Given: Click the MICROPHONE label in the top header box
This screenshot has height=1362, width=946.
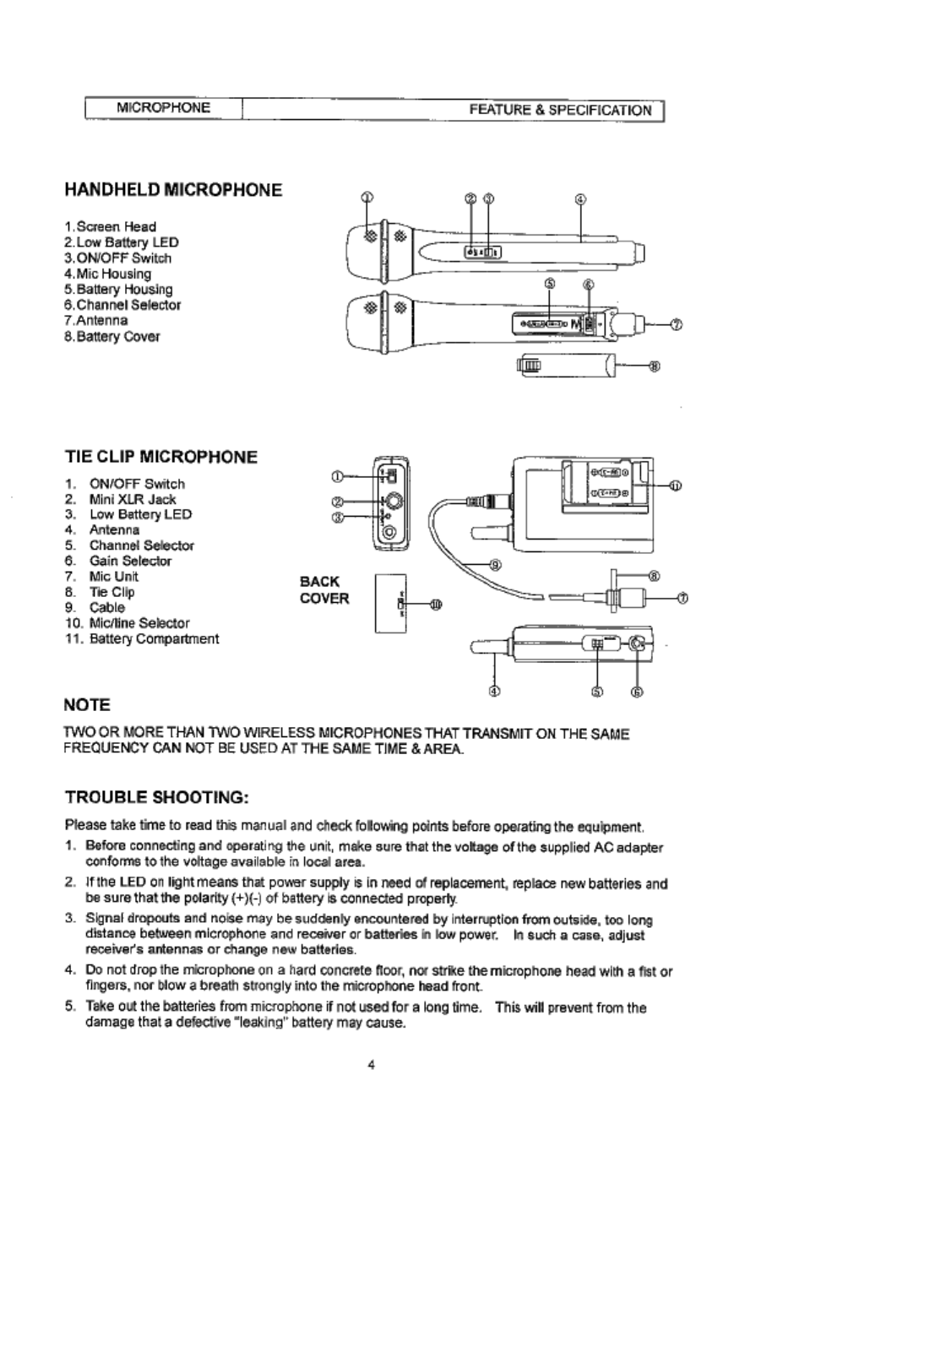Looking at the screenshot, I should click(163, 108).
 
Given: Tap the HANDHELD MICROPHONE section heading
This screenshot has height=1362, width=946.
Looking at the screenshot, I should click(173, 190).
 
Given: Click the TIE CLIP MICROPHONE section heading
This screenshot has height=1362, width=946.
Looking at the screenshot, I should click(160, 457).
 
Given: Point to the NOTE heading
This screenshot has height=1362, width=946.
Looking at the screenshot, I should click(87, 704).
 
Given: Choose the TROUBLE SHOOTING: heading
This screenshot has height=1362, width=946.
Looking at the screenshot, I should click(156, 797).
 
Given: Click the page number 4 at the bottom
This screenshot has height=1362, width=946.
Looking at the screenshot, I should click(372, 1064).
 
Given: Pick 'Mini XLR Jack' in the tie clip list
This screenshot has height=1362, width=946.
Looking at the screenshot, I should click(133, 499).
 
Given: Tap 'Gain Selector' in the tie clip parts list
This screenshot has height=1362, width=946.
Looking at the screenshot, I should click(130, 561).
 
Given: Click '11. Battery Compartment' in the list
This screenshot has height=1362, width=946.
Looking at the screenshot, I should click(142, 638).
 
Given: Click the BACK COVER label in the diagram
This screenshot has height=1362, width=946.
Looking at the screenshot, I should click(324, 589).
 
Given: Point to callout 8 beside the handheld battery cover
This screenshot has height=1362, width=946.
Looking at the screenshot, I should click(653, 366).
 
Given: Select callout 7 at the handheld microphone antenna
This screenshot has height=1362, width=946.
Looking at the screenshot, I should click(675, 323).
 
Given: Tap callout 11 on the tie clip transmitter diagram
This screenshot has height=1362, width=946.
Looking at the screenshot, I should click(676, 486).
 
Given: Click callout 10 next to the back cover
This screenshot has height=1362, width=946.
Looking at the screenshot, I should click(436, 604).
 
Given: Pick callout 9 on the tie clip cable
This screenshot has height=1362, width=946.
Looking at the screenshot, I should click(497, 567).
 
